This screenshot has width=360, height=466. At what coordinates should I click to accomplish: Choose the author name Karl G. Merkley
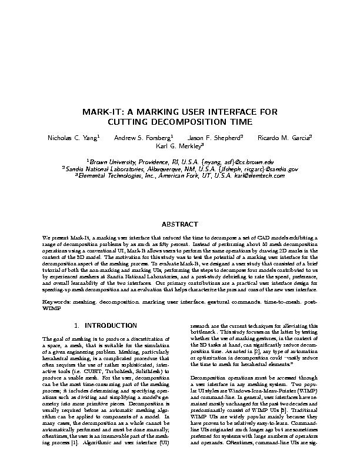(x=179, y=147)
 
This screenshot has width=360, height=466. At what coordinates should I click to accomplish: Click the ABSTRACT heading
(x=180, y=225)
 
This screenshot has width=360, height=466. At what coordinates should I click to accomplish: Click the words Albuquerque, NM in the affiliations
(x=160, y=168)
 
